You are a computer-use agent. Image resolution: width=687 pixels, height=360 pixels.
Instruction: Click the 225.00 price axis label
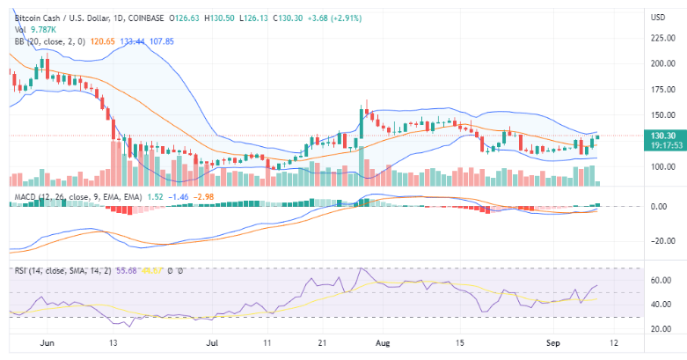coord(662,38)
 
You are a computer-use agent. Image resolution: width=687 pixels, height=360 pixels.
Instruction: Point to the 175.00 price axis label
coord(662,89)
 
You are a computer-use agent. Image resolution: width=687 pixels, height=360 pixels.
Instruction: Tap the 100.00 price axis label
coord(662,166)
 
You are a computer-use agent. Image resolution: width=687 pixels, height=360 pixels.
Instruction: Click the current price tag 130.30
coord(661,136)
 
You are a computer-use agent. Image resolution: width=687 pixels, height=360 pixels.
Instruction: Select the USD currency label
coord(657,17)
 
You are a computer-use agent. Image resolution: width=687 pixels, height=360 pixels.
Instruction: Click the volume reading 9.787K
coord(40,29)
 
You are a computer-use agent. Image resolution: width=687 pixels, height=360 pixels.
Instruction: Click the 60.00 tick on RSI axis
coord(662,280)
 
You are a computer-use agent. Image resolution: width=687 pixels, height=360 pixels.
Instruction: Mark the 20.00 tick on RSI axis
coord(662,328)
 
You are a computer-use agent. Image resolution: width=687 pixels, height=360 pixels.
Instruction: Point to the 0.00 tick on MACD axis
coord(662,206)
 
